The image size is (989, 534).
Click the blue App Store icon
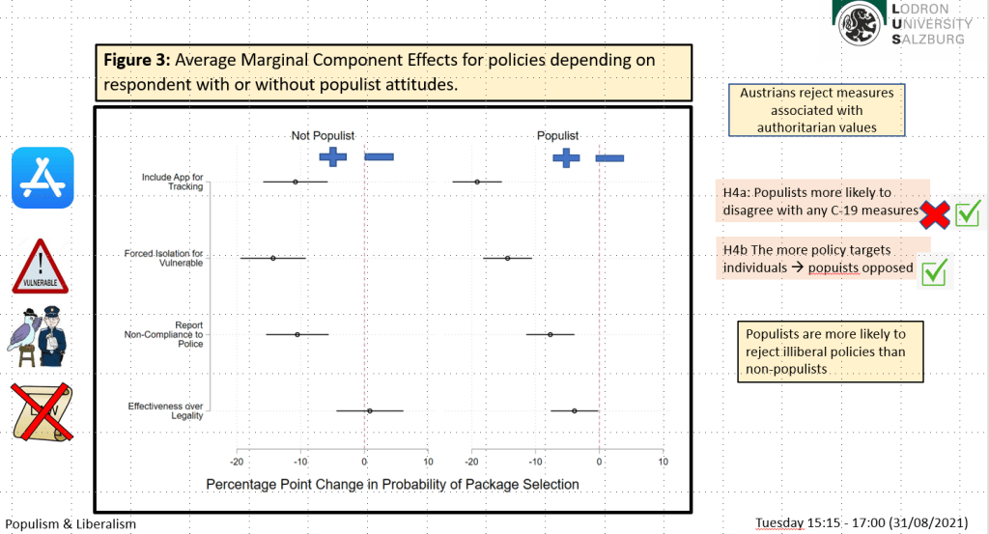[42, 178]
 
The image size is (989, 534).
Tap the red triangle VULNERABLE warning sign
[40, 267]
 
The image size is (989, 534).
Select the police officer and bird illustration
[37, 337]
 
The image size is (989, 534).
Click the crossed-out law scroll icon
[42, 412]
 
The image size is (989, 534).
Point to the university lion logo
[859, 24]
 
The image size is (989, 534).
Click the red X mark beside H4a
[934, 215]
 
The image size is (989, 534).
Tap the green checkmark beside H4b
[934, 272]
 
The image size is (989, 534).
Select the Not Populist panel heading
[323, 135]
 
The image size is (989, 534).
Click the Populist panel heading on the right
[557, 135]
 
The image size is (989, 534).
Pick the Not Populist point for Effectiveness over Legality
[370, 411]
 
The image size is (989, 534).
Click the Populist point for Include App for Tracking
[477, 183]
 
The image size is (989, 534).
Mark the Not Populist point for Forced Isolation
[273, 258]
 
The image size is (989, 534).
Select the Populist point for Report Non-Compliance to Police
[550, 335]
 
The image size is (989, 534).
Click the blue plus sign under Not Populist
[333, 157]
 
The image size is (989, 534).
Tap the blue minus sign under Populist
[610, 158]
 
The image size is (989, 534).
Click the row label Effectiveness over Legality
[165, 411]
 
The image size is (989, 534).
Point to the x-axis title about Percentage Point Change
[392, 484]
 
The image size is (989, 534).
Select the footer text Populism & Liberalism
[71, 524]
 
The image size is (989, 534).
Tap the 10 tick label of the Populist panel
[663, 463]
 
